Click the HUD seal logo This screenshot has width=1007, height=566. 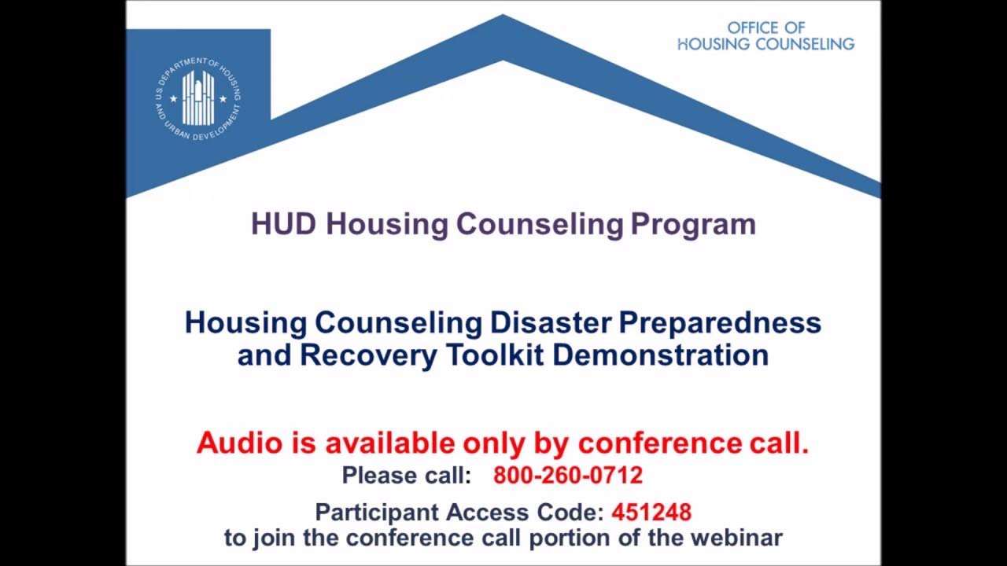click(x=198, y=98)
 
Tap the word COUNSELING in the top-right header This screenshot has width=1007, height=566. click(x=805, y=44)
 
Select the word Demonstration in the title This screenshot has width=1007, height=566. click(x=660, y=355)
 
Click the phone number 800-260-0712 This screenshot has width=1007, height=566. click(x=568, y=476)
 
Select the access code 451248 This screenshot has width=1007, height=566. click(x=651, y=513)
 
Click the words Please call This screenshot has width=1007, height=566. click(x=406, y=476)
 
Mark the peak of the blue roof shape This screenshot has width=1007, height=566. click(x=503, y=17)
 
